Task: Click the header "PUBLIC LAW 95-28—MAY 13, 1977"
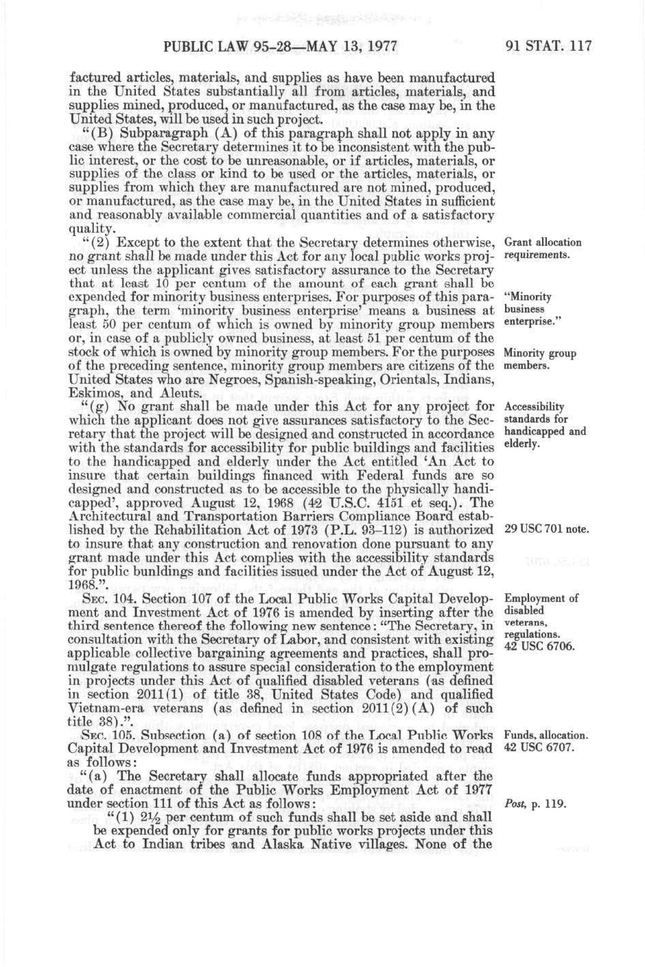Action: pyautogui.click(x=281, y=47)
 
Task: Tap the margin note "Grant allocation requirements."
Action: pyautogui.click(x=542, y=248)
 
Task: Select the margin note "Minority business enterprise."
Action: pyautogui.click(x=528, y=310)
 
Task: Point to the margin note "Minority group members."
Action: pyautogui.click(x=539, y=360)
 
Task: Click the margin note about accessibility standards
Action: pyautogui.click(x=545, y=425)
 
